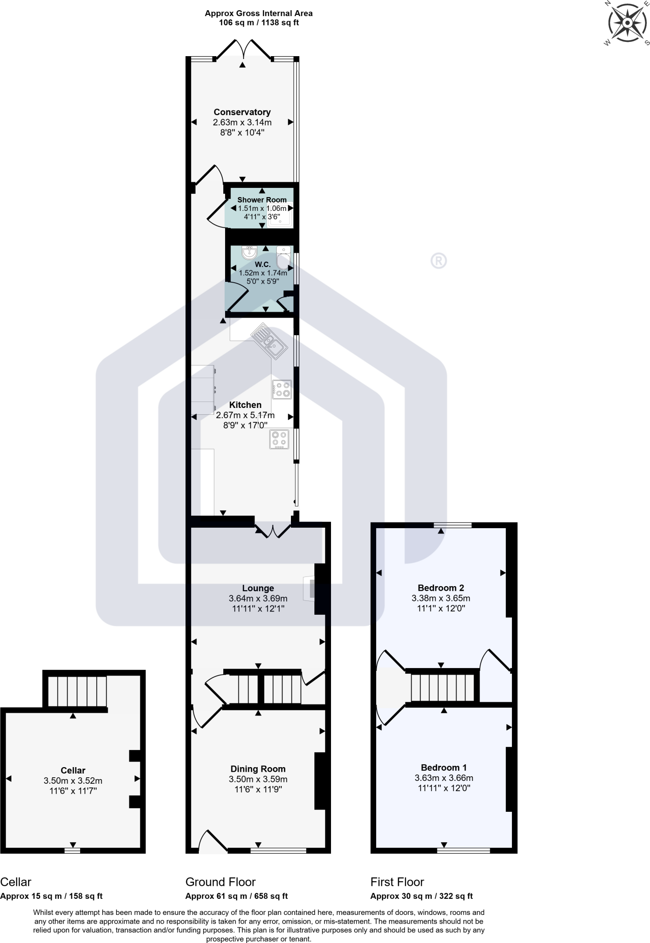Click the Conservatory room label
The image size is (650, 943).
tap(242, 112)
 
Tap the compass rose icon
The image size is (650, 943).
tap(627, 23)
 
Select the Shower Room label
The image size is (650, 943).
tap(261, 200)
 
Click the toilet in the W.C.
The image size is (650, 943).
tap(283, 257)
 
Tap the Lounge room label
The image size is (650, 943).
tap(258, 588)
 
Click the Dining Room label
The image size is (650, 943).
tap(258, 768)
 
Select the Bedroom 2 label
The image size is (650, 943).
tap(441, 588)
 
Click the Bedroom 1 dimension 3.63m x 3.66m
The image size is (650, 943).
tap(444, 778)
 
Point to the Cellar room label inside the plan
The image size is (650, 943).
tap(73, 770)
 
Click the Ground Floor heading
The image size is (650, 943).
tap(220, 882)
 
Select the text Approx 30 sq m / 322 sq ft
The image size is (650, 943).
tap(421, 896)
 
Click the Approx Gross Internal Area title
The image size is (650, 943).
tap(258, 13)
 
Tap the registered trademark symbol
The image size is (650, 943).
tap(438, 261)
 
